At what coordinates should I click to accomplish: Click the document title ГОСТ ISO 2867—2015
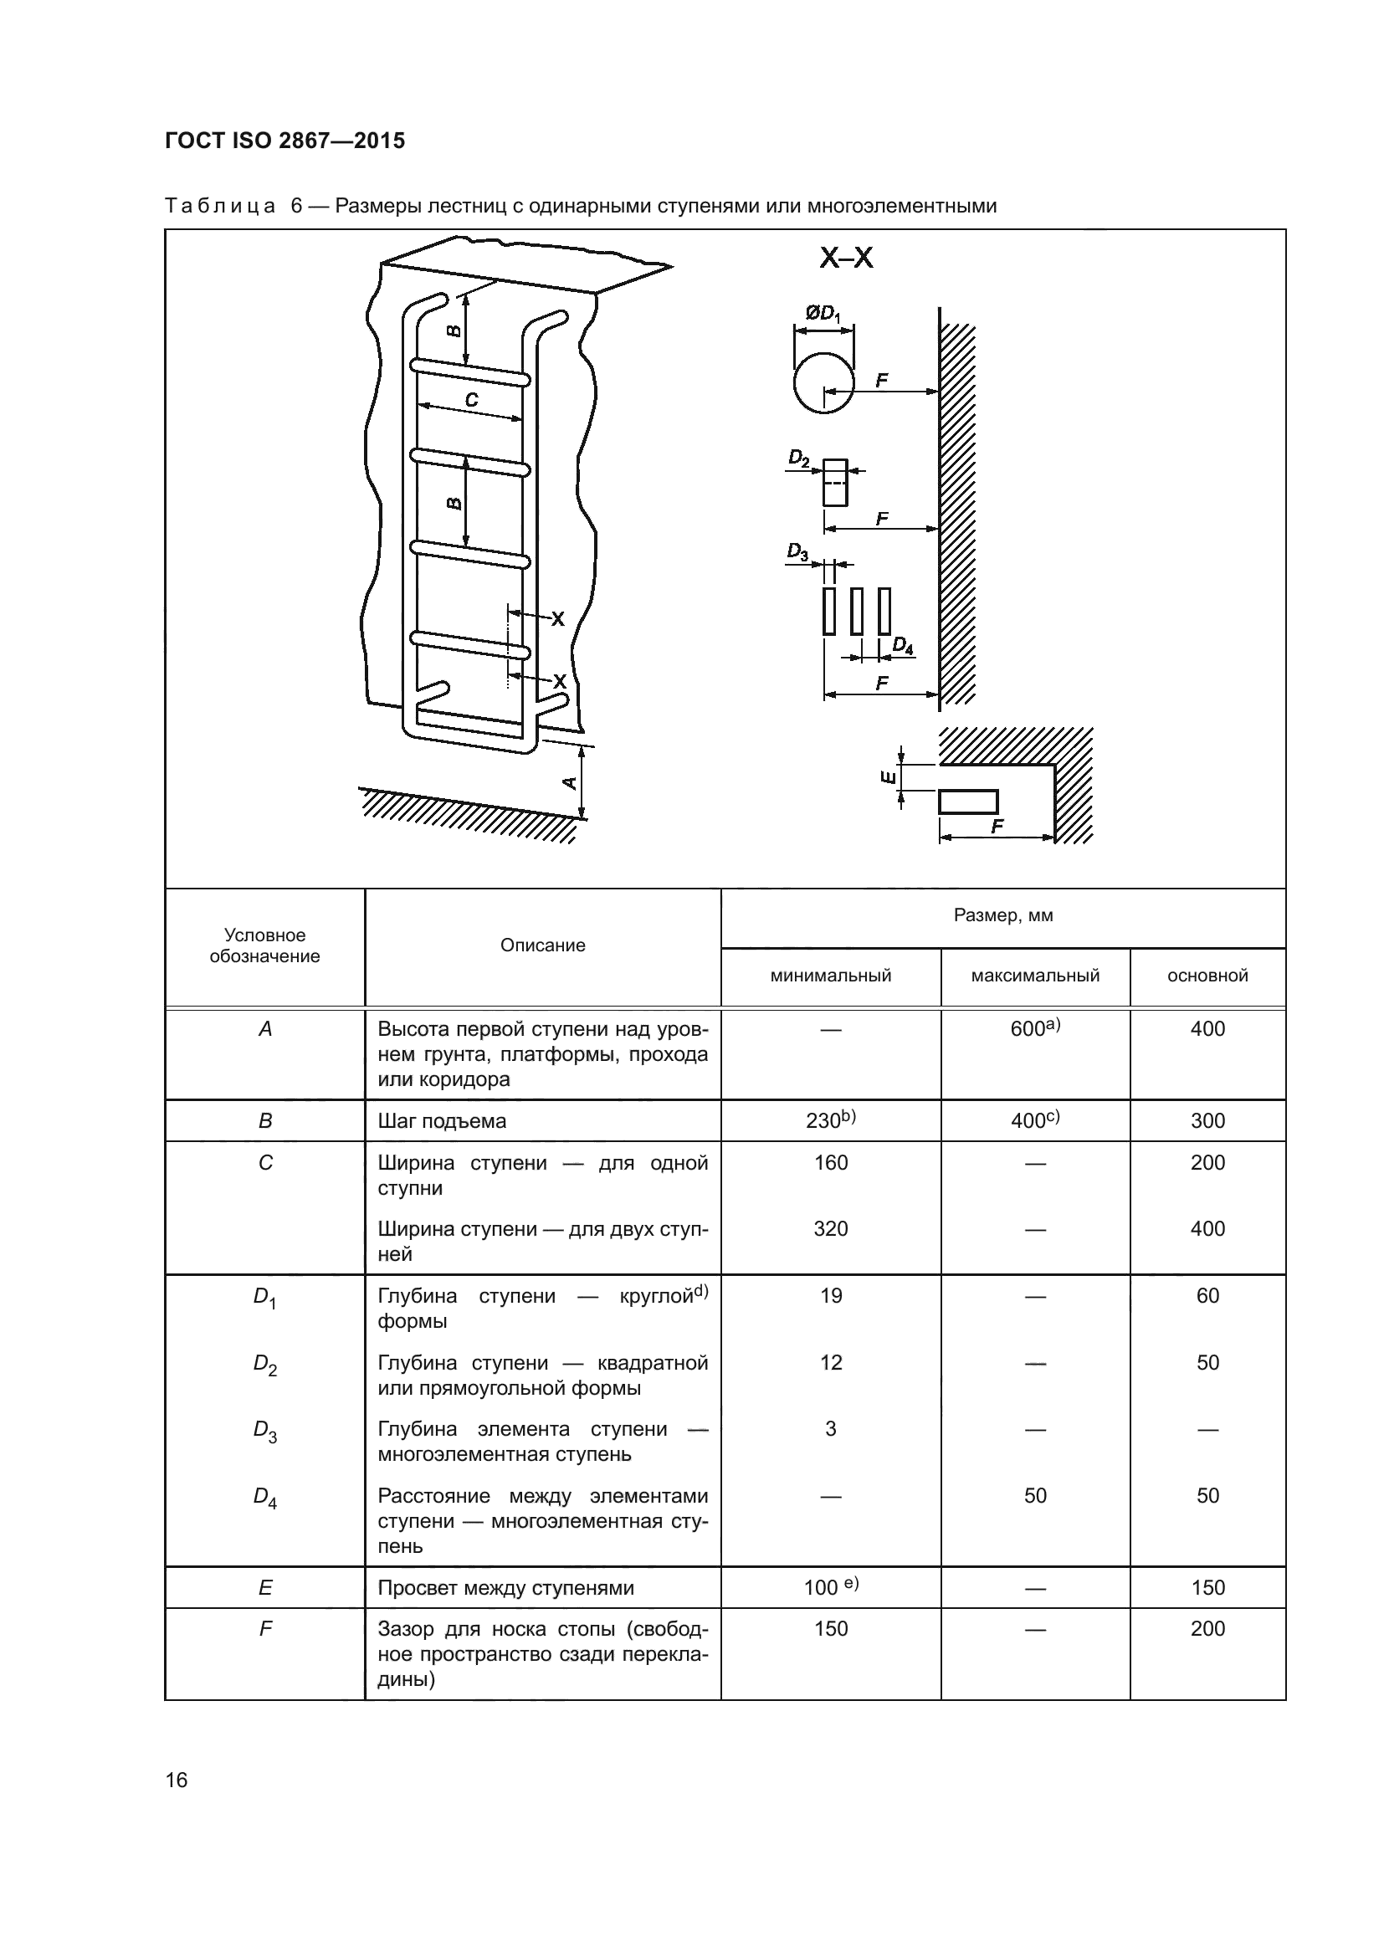[284, 141]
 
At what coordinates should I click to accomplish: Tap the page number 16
[177, 1780]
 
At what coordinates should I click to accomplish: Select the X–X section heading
[845, 258]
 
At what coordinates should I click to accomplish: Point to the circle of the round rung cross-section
[823, 382]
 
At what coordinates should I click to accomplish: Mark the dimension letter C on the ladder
[471, 400]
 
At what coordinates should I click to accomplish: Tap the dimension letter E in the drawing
[887, 776]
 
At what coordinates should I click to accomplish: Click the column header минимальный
[830, 976]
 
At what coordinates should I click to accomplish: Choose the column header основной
[1207, 976]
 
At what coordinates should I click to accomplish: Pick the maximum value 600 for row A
[1033, 1029]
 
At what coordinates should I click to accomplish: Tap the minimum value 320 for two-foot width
[830, 1228]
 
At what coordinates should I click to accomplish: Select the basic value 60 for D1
[1207, 1295]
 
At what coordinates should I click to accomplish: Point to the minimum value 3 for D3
[830, 1428]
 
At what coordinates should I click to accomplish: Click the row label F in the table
[265, 1629]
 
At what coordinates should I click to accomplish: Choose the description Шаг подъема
[442, 1121]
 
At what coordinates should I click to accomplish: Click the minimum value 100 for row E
[830, 1587]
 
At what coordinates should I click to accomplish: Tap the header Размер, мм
[1003, 915]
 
